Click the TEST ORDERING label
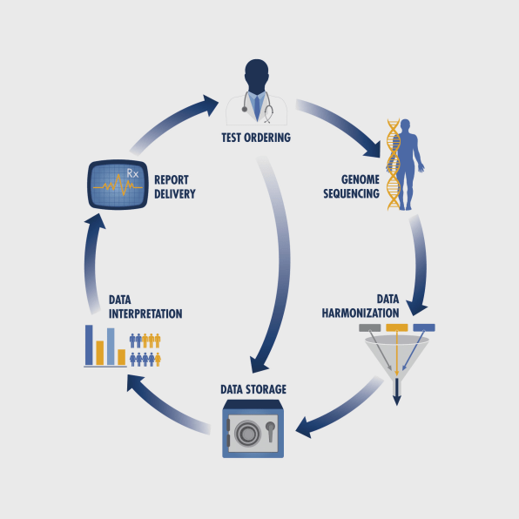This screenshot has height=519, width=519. (x=256, y=138)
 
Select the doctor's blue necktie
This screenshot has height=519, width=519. (x=257, y=107)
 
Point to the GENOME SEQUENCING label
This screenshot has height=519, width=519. (x=351, y=186)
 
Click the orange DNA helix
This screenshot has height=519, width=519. (x=394, y=165)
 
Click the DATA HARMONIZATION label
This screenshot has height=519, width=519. (x=361, y=307)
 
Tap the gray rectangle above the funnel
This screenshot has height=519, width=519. (x=370, y=327)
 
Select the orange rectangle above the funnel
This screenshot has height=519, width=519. (x=397, y=327)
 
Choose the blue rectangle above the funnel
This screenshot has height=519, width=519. (x=424, y=327)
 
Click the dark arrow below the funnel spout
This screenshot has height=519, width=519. (x=397, y=392)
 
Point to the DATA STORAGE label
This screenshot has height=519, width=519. (x=253, y=389)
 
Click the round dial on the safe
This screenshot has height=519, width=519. (x=247, y=433)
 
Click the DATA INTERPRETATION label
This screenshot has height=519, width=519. (x=145, y=307)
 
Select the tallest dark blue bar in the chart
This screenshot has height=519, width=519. (x=89, y=345)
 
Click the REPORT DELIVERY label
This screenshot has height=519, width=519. (x=175, y=187)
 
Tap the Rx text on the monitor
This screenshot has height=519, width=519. (x=132, y=173)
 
